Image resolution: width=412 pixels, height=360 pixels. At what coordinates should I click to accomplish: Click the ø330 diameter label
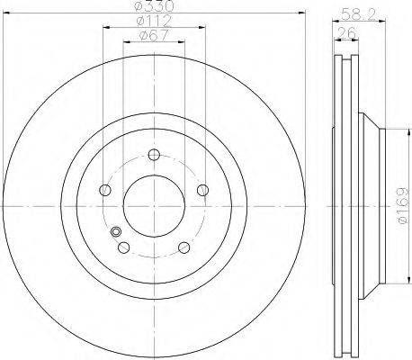(x=154, y=6)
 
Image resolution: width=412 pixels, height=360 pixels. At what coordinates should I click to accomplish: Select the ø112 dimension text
(x=154, y=21)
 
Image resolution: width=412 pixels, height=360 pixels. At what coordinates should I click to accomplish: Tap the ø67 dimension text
(x=154, y=35)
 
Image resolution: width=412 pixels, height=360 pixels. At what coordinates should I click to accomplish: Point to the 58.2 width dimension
(x=359, y=15)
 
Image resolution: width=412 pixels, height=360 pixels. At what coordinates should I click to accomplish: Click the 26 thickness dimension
(x=346, y=32)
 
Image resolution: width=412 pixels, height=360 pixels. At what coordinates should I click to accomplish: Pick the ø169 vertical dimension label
(x=402, y=205)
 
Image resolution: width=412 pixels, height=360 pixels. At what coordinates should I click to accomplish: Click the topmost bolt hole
(x=154, y=155)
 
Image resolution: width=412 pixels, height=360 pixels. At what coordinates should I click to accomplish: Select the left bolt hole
(x=105, y=190)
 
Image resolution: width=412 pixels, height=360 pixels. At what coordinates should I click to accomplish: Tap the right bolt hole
(x=203, y=190)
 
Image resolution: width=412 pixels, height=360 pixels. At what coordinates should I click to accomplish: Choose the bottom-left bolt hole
(x=124, y=247)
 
